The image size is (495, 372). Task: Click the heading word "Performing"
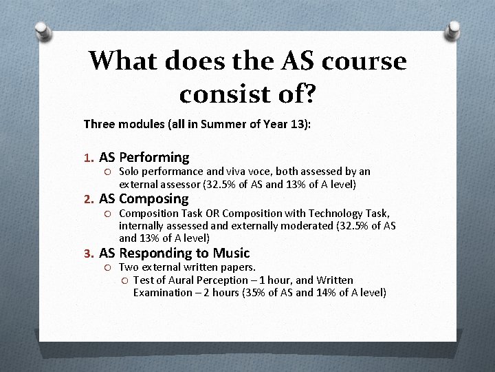(157, 158)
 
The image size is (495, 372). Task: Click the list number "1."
(89, 158)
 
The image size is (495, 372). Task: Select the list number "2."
(89, 200)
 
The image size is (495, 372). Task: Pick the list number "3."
(89, 254)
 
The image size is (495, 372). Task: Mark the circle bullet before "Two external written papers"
(109, 267)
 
